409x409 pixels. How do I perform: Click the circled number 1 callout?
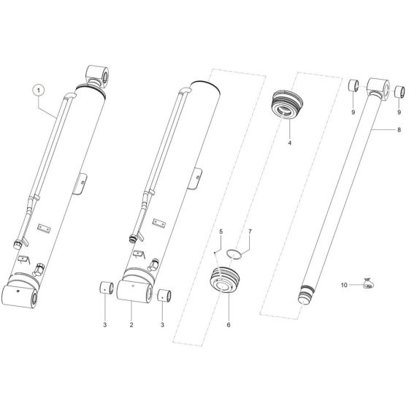pyautogui.click(x=39, y=90)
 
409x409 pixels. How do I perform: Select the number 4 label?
pyautogui.click(x=289, y=142)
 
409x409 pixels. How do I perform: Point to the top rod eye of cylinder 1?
pyautogui.click(x=100, y=74)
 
